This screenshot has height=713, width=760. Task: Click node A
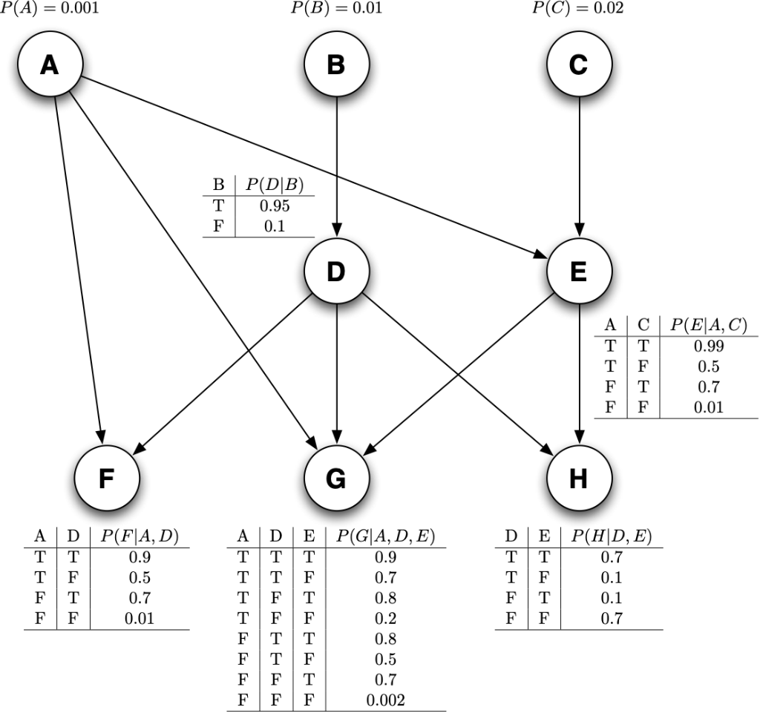(50, 65)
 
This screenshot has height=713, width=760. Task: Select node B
(336, 65)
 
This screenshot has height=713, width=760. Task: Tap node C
(578, 65)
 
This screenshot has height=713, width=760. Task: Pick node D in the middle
(336, 272)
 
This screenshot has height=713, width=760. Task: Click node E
(578, 272)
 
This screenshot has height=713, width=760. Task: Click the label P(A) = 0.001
(49, 9)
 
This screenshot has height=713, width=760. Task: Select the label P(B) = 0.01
(337, 9)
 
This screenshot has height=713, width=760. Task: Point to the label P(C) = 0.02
(578, 9)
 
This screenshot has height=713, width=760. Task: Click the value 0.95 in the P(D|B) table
(275, 206)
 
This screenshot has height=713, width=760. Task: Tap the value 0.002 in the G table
(386, 700)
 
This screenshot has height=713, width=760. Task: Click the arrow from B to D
(336, 163)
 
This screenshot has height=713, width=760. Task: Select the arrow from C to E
(578, 163)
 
